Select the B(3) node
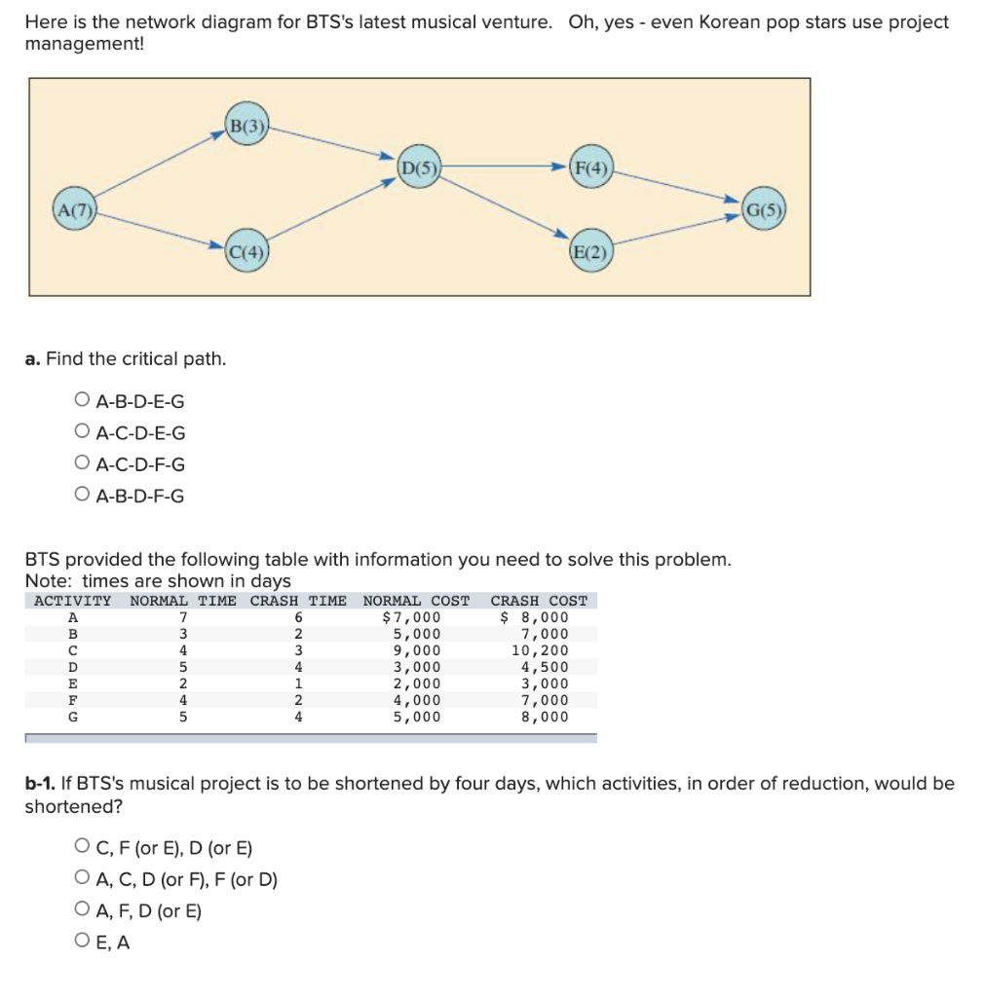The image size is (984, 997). [x=246, y=126]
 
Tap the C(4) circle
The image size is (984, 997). [x=246, y=252]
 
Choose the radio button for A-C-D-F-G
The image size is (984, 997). [x=82, y=464]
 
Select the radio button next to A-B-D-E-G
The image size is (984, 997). [x=82, y=400]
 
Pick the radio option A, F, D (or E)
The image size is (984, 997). [x=82, y=910]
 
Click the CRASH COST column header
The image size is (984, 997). [x=539, y=601]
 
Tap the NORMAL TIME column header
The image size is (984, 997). [x=183, y=601]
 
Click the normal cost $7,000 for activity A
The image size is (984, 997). [x=411, y=617]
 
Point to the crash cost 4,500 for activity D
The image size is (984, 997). [x=544, y=667]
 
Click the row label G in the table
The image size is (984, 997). [x=71, y=717]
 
